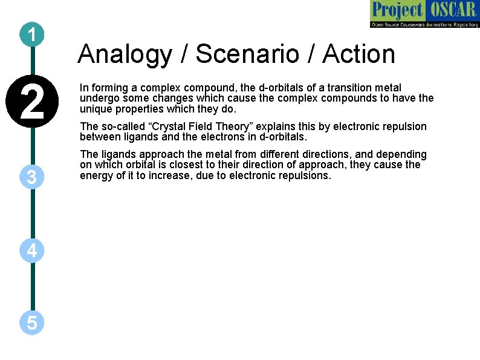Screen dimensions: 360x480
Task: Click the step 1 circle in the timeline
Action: (x=32, y=34)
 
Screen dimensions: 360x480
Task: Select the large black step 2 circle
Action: (x=32, y=102)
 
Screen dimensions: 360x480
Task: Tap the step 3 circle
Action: (x=32, y=177)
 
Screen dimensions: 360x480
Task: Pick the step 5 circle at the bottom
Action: (x=32, y=323)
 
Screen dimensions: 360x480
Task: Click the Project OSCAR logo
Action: (x=424, y=15)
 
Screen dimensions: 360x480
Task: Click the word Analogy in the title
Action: (x=125, y=54)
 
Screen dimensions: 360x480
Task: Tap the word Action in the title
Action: (x=358, y=54)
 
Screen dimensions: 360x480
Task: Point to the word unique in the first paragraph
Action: (x=96, y=110)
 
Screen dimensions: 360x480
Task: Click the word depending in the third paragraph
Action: (x=403, y=154)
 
